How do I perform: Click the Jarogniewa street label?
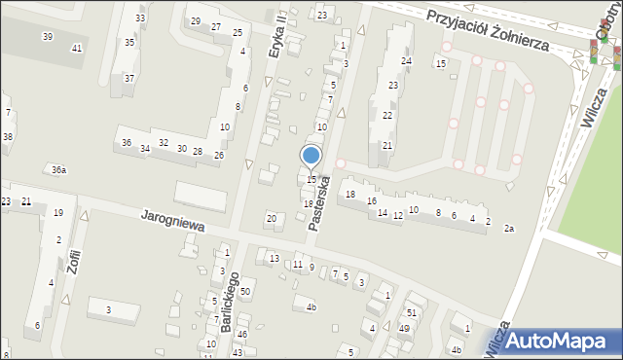click(x=172, y=219)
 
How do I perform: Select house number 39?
click(x=48, y=36)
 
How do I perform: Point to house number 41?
click(x=77, y=49)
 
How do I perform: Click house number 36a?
click(x=59, y=170)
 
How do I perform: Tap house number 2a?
click(x=508, y=228)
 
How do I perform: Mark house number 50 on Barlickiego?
click(x=245, y=292)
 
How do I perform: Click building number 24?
click(x=407, y=61)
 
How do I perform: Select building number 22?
click(x=387, y=116)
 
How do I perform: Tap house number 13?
click(x=275, y=258)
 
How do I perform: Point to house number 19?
click(x=58, y=212)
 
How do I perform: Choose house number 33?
click(x=141, y=18)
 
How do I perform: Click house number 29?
click(x=195, y=21)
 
